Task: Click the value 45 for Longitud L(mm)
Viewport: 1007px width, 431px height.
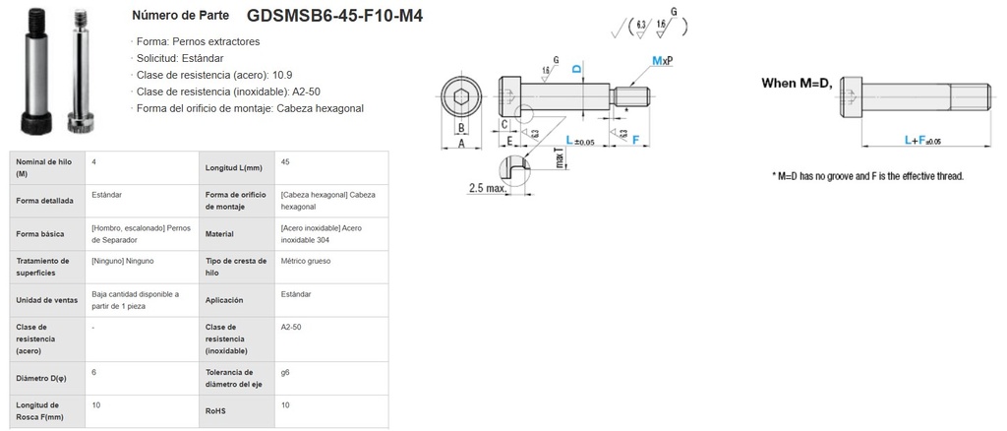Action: point(285,161)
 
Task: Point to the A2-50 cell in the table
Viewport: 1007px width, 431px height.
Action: point(292,327)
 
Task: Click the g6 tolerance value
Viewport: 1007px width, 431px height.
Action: point(285,373)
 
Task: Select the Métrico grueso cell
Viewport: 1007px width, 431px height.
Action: point(305,262)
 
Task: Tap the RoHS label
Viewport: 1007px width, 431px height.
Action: point(216,410)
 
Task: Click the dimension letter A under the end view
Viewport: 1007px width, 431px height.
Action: point(458,143)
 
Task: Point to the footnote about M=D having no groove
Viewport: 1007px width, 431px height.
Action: point(867,176)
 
